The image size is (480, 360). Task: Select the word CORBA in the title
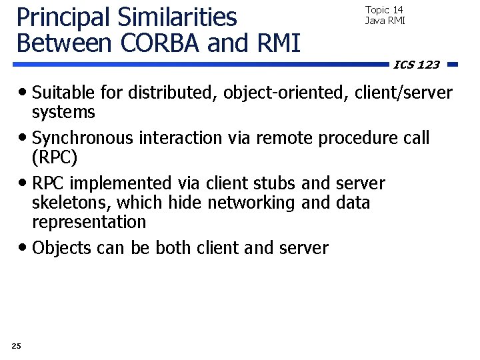tap(161, 43)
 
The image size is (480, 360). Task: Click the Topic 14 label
tap(384, 10)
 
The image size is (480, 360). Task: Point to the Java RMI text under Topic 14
tap(385, 21)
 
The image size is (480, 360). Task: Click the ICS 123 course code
tap(417, 65)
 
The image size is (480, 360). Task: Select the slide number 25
tap(17, 345)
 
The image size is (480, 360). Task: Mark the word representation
tap(89, 221)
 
